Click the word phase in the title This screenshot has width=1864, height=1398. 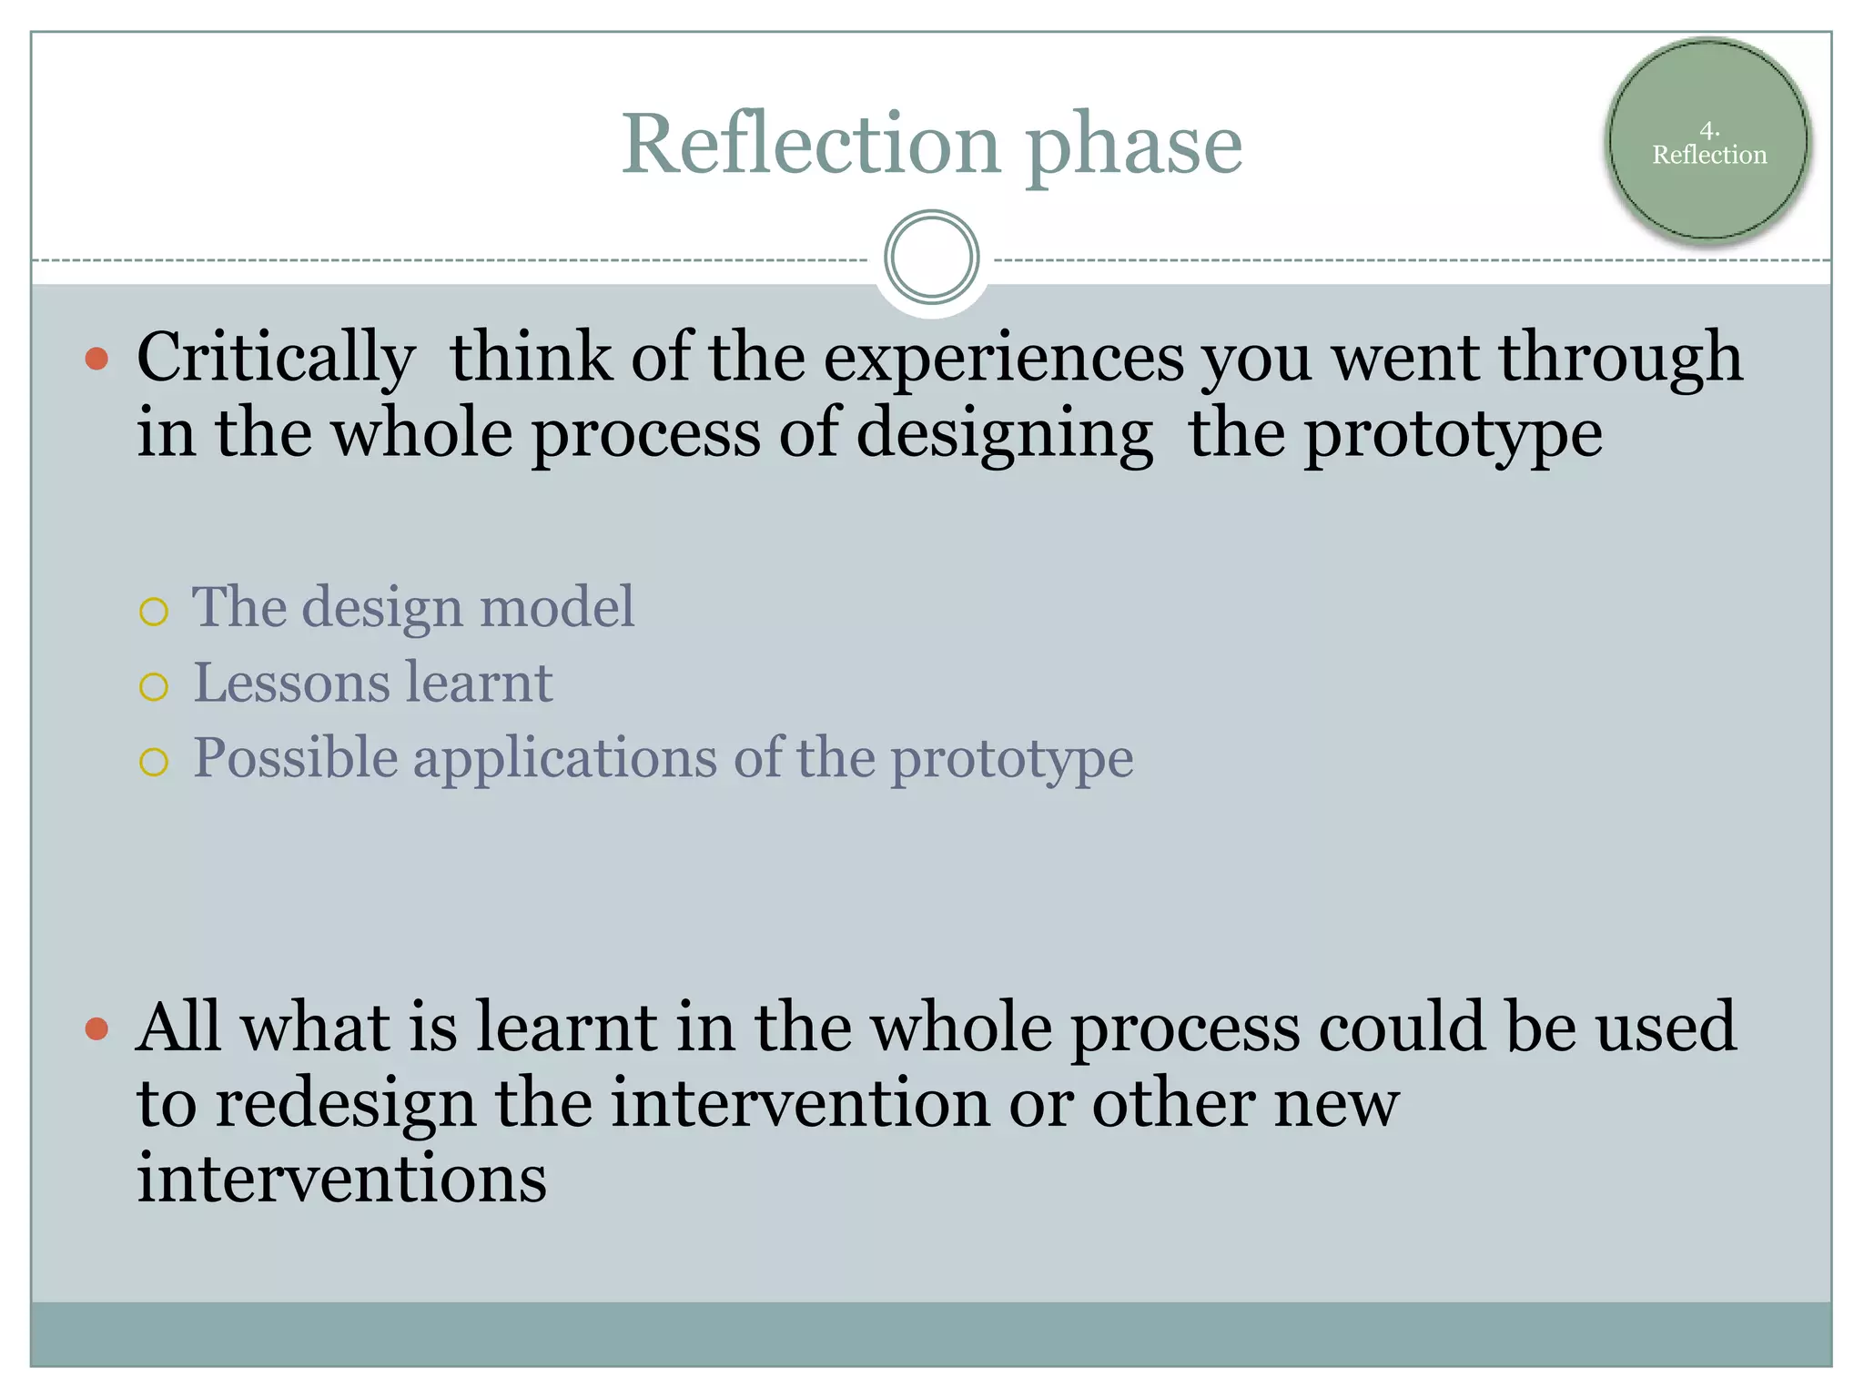click(1133, 147)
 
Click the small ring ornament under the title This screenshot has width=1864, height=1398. click(931, 258)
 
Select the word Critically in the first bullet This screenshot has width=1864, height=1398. click(276, 358)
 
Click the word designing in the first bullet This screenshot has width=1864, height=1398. click(1004, 435)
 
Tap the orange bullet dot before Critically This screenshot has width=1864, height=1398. click(96, 359)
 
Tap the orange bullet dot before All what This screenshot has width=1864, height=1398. click(96, 1029)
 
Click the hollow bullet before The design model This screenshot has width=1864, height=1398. click(154, 612)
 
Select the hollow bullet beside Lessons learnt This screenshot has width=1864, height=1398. click(154, 687)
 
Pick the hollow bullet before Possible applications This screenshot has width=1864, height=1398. click(154, 762)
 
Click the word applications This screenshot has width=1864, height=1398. click(564, 759)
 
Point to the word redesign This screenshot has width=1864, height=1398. click(346, 1105)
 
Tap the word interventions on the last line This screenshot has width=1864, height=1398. click(341, 1179)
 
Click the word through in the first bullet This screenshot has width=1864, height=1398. click(1620, 358)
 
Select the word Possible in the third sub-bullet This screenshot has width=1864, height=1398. click(295, 758)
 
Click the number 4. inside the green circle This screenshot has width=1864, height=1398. click(1708, 130)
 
